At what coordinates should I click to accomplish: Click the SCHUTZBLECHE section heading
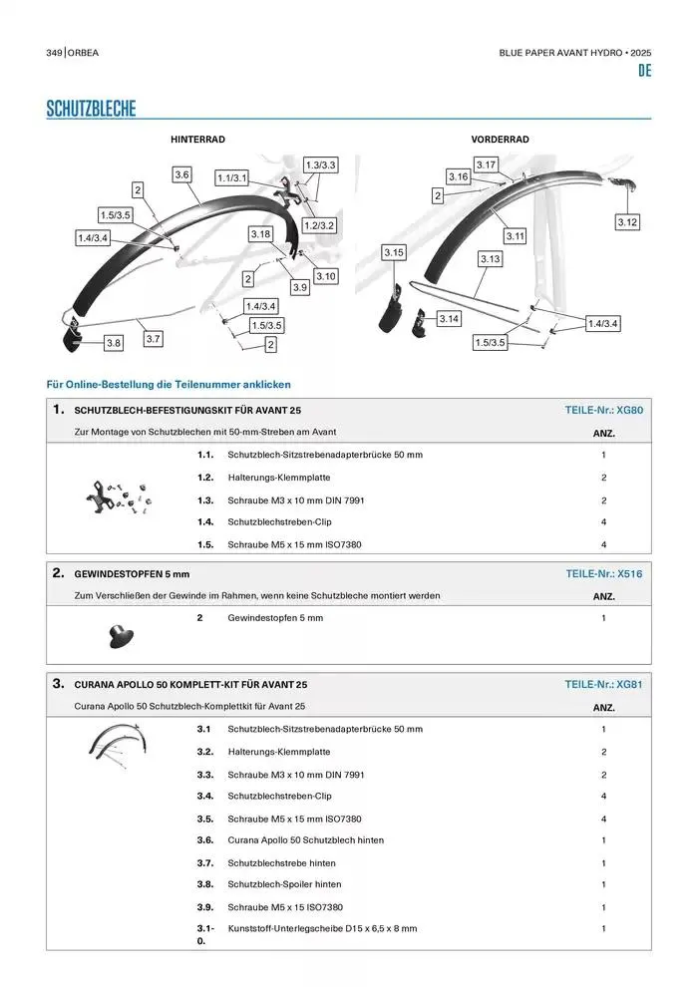[x=91, y=109]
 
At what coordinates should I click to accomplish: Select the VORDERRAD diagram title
[x=500, y=140]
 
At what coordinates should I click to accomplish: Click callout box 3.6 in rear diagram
[x=181, y=174]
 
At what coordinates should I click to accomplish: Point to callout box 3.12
[x=626, y=222]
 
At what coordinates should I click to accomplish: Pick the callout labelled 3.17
[x=487, y=164]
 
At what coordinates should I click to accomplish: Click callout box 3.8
[x=114, y=343]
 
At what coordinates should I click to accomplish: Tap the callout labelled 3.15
[x=394, y=253]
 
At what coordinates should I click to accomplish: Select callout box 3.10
[x=325, y=275]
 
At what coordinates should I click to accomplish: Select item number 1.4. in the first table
[x=206, y=522]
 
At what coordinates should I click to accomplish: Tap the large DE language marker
[x=644, y=72]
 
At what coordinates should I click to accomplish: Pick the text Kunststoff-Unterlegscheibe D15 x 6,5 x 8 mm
[x=322, y=928]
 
